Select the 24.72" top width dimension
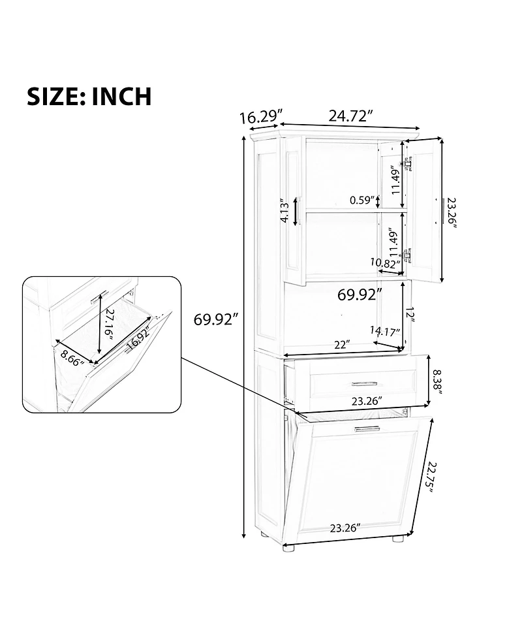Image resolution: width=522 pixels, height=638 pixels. coord(350,116)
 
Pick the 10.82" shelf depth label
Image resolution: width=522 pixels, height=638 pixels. coord(384,263)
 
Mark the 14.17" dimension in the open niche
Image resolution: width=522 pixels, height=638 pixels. coord(385,331)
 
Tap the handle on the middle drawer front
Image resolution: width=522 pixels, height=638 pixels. coord(363,383)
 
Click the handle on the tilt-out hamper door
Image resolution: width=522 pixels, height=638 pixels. coord(367,428)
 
